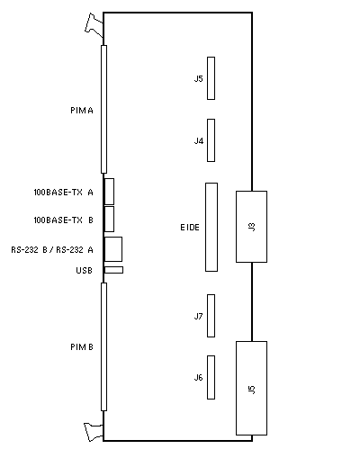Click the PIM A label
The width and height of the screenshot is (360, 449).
pos(82,111)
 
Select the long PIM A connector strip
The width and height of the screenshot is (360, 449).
pos(103,109)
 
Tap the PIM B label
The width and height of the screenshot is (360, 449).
pos(82,347)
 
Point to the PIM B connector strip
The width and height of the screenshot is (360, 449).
pos(103,346)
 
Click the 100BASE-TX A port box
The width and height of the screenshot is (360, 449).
pos(109,192)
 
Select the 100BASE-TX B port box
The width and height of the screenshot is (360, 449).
pos(109,219)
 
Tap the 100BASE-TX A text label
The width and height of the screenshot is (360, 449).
pos(63,193)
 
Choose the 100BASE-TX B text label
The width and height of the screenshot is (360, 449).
pos(63,220)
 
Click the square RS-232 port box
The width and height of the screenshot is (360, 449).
pos(113,249)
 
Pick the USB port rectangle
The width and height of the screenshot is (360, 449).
pos(113,270)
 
